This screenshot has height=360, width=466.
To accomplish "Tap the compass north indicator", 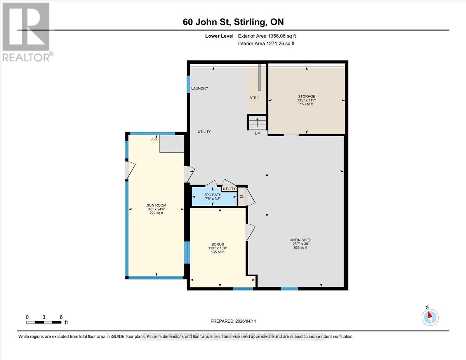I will tap(430, 317).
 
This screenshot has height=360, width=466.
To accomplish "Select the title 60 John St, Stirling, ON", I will tap(236, 22).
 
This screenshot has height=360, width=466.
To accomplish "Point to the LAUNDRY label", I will tap(200, 89).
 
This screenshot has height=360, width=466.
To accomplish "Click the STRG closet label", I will tap(254, 98).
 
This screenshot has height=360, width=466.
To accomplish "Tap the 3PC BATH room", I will tap(213, 197).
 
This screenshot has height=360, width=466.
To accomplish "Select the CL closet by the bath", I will tap(242, 197).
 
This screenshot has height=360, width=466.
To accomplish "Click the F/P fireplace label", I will tap(154, 140).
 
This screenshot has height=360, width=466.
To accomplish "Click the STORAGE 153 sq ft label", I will tap(306, 100).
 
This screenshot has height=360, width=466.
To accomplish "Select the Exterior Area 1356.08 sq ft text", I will tap(270, 36).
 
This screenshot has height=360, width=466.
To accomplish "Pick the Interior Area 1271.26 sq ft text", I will tap(266, 43).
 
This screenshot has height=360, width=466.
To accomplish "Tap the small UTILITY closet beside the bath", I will tap(229, 189).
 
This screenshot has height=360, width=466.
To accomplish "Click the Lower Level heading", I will tap(219, 36).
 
